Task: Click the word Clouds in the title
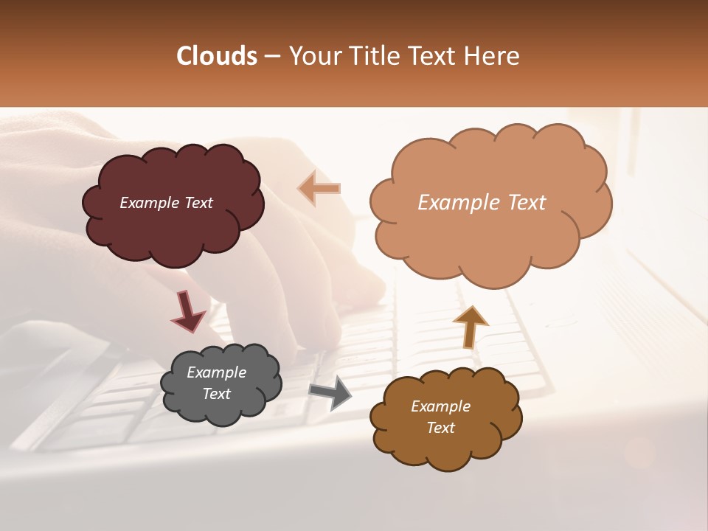217,56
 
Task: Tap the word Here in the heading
492,56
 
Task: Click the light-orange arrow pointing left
319,188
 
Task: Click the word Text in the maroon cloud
198,203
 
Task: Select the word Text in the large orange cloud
527,203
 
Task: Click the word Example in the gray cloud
216,372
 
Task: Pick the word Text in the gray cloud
216,394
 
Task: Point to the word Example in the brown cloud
440,406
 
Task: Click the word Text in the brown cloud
440,428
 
